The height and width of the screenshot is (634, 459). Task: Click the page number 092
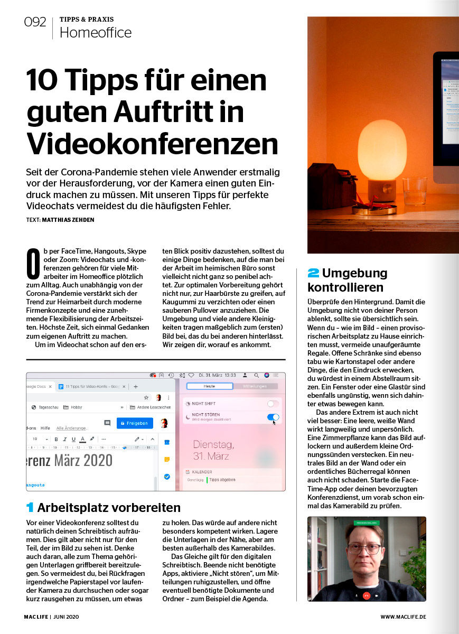point(35,22)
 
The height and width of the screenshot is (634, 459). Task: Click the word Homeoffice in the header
point(95,33)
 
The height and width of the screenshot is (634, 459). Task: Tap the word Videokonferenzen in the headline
point(153,143)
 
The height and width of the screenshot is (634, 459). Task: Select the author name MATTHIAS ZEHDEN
point(68,220)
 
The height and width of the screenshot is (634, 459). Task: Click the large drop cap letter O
point(33,264)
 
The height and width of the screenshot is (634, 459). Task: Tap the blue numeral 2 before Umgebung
point(313,274)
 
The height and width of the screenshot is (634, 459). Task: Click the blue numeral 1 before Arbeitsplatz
point(30,508)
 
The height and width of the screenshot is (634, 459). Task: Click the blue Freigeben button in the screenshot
point(135,423)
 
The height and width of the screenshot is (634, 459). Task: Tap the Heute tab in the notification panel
point(209,386)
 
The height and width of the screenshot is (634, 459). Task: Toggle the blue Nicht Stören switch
point(273,417)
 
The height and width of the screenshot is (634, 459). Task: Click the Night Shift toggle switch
point(273,404)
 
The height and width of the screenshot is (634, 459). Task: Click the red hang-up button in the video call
point(366,595)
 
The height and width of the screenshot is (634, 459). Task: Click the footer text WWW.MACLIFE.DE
point(403,617)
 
